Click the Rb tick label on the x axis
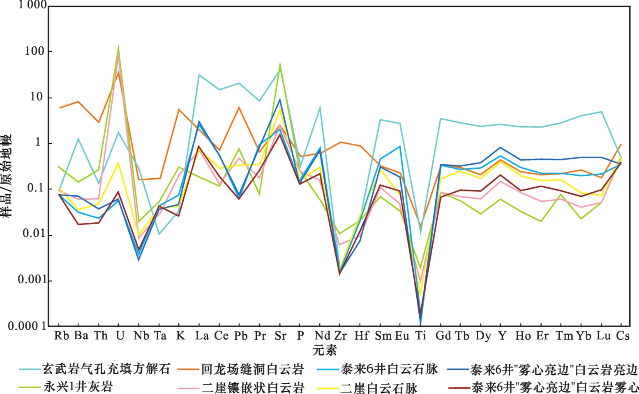61,336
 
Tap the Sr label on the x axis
280,336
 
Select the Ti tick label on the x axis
420,336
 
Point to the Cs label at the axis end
623,336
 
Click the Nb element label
141,336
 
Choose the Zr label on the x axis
340,336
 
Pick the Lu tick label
603,336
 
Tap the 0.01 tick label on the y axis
32,234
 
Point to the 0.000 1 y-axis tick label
28,326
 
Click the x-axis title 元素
324,350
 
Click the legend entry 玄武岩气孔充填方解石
106,369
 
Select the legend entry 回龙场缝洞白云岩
252,369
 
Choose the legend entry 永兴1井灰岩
78,387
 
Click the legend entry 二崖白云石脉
378,387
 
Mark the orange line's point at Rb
60,108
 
